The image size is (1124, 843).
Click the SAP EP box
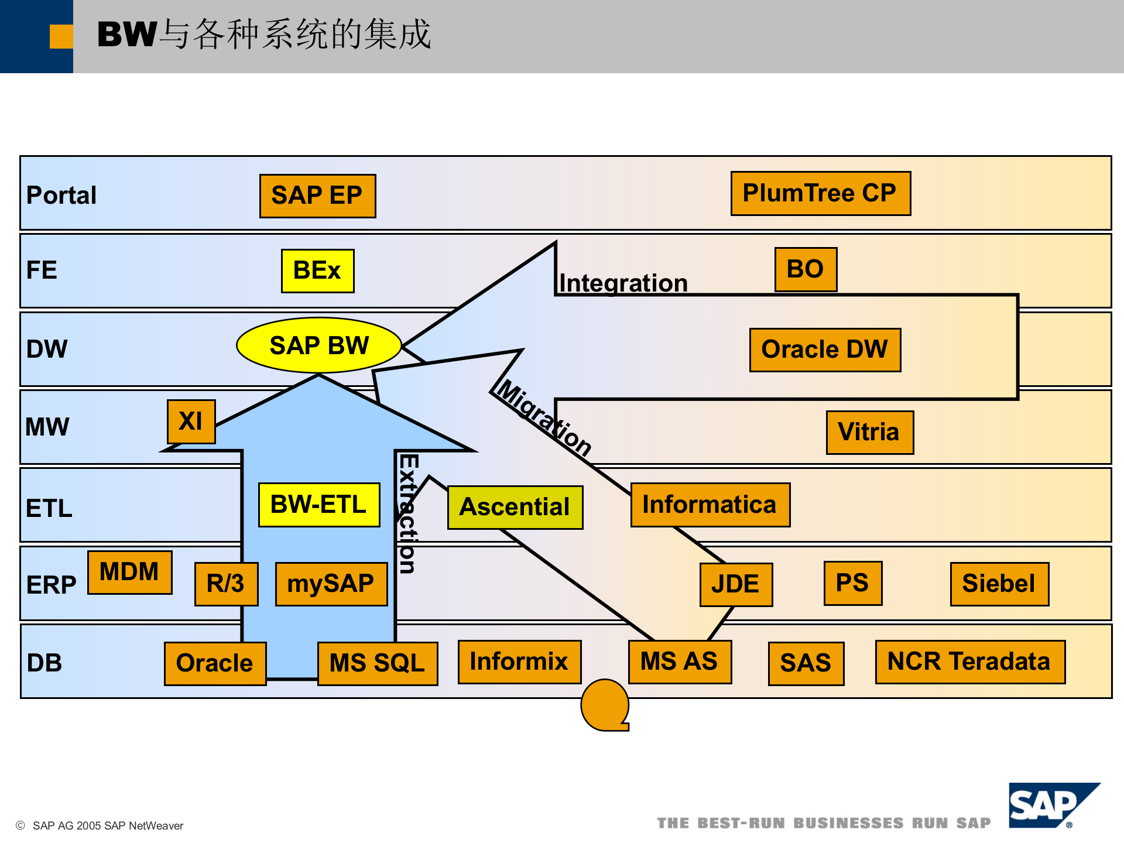pyautogui.click(x=317, y=196)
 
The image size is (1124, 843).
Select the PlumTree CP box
pyautogui.click(x=820, y=193)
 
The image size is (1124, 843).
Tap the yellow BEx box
pyautogui.click(x=317, y=270)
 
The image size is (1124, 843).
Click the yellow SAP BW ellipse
pyautogui.click(x=319, y=345)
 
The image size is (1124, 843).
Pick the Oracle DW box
pyautogui.click(x=825, y=349)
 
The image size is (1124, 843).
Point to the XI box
pyautogui.click(x=191, y=421)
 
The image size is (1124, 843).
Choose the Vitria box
pyautogui.click(x=869, y=432)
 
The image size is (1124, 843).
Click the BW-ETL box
pyautogui.click(x=319, y=505)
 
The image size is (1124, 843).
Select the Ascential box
pyautogui.click(x=515, y=507)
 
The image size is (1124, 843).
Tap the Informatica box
pyautogui.click(x=710, y=505)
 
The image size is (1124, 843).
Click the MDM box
pyautogui.click(x=129, y=572)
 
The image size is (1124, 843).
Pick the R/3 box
pyautogui.click(x=226, y=584)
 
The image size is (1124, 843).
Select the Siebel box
pyautogui.click(x=999, y=584)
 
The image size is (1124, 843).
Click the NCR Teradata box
pyautogui.click(x=969, y=662)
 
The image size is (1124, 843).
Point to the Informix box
pyautogui.click(x=519, y=662)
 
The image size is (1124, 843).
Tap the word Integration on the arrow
pyautogui.click(x=623, y=283)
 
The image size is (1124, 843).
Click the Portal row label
pyautogui.click(x=61, y=196)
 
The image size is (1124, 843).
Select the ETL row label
pyautogui.click(x=49, y=508)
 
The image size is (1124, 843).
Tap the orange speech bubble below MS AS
pyautogui.click(x=605, y=705)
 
